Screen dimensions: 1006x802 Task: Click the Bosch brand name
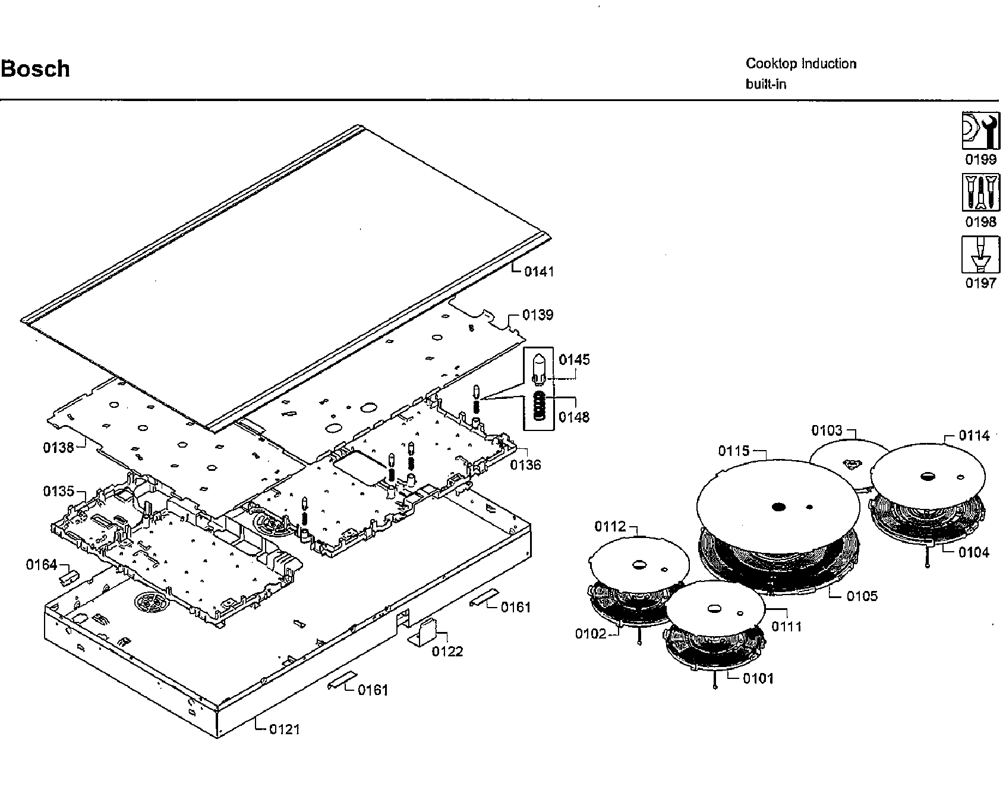pyautogui.click(x=36, y=69)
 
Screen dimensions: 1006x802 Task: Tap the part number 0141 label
pyautogui.click(x=539, y=272)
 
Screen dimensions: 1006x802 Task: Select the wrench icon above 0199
pyautogui.click(x=980, y=131)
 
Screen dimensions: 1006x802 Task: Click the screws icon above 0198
pyautogui.click(x=980, y=192)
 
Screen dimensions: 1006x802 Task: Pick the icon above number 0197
pyautogui.click(x=980, y=254)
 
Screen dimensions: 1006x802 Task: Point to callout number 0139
pyautogui.click(x=538, y=314)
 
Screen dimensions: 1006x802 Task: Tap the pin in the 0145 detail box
pyautogui.click(x=540, y=369)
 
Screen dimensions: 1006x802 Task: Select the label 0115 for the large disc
pyautogui.click(x=734, y=451)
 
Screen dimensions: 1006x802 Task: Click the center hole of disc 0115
pyautogui.click(x=778, y=507)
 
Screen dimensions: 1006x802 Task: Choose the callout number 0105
pyautogui.click(x=862, y=596)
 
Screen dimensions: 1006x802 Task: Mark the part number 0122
pyautogui.click(x=447, y=652)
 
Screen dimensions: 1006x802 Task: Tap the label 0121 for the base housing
pyautogui.click(x=285, y=729)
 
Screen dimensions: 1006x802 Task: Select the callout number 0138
pyautogui.click(x=58, y=448)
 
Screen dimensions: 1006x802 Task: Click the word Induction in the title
pyautogui.click(x=828, y=64)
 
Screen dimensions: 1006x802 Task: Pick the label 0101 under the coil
pyautogui.click(x=758, y=678)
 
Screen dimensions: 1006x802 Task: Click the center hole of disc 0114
pyautogui.click(x=928, y=476)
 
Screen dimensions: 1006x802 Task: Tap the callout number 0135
pyautogui.click(x=58, y=492)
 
